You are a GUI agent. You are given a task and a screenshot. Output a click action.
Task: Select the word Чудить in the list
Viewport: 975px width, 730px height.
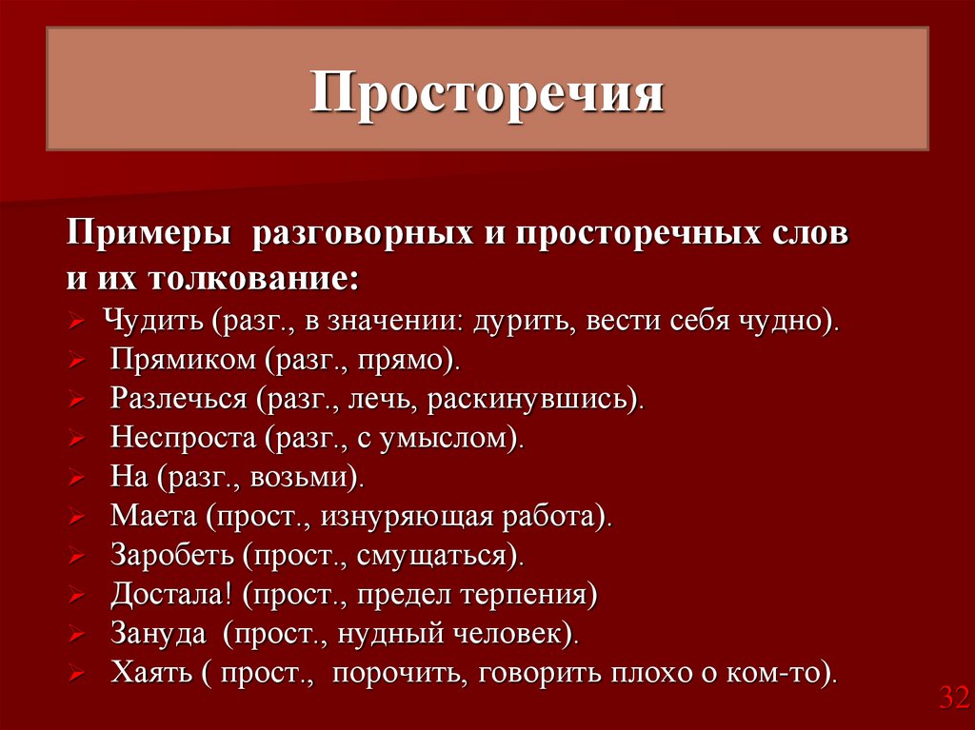coord(153,320)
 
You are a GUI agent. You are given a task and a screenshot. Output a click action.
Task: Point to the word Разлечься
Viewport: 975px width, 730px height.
coord(178,399)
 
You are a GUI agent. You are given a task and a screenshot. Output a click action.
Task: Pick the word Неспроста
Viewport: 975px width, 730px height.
coord(184,438)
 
